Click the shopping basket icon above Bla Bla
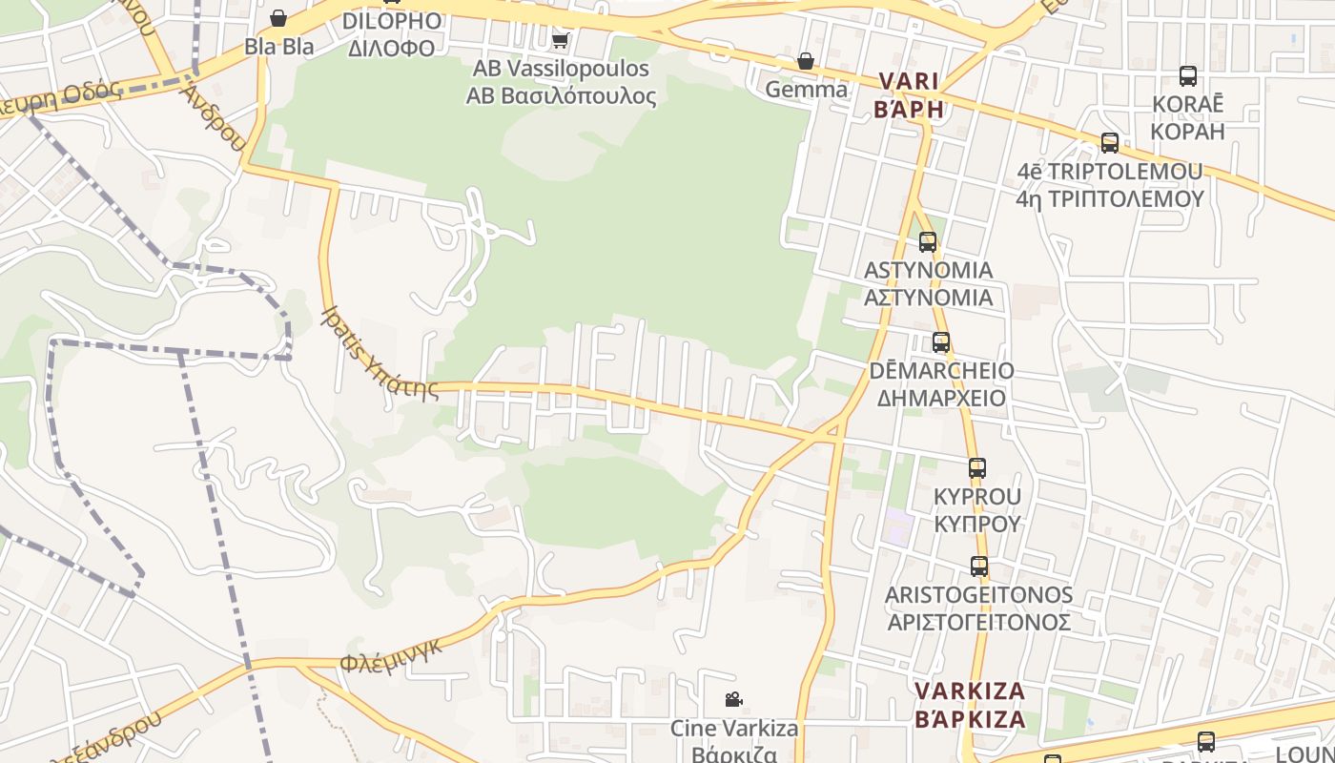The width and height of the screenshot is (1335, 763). (x=278, y=18)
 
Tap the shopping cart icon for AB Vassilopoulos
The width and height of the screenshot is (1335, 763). (x=561, y=40)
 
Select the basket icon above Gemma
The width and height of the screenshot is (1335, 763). (x=806, y=61)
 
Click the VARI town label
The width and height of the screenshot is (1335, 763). (x=909, y=81)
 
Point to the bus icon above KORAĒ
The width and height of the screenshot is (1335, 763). (x=1187, y=76)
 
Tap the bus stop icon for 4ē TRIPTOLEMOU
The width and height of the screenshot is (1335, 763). (x=1110, y=143)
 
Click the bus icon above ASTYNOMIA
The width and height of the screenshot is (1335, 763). (x=928, y=242)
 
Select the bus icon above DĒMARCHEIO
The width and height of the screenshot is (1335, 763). (x=941, y=342)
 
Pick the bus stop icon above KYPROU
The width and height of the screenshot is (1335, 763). (x=977, y=468)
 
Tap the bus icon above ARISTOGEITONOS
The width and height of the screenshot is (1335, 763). (x=978, y=567)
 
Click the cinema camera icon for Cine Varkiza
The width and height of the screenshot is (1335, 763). (x=733, y=700)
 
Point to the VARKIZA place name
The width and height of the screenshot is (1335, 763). (x=970, y=691)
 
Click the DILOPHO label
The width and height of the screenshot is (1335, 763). (x=391, y=21)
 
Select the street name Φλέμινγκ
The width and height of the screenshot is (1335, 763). (x=391, y=654)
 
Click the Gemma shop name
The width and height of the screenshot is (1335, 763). (x=807, y=90)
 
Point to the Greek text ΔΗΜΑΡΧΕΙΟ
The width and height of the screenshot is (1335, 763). (x=941, y=398)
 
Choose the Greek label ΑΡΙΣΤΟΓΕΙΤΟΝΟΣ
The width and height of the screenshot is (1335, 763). (x=978, y=623)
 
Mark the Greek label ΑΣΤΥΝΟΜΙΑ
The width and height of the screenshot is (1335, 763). (x=928, y=298)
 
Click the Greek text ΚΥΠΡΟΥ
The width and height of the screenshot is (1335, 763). (x=977, y=524)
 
